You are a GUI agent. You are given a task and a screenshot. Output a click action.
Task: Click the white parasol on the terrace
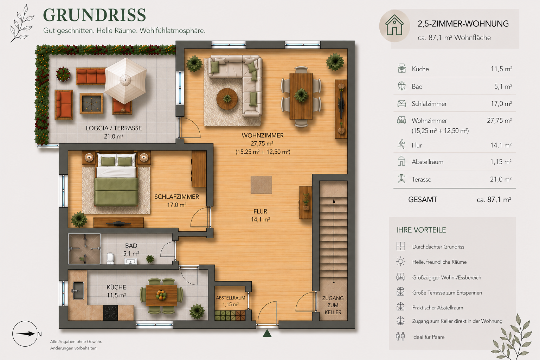tap(126, 80)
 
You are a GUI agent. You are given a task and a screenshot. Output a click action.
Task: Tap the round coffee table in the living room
tap(227, 99)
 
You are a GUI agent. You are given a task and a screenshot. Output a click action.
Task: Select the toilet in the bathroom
tap(110, 258)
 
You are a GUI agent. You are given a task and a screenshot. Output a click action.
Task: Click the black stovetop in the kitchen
tap(111, 313)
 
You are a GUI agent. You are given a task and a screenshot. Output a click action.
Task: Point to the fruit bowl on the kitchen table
tap(161, 295)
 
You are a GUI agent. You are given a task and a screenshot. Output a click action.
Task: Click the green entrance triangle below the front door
tap(267, 333)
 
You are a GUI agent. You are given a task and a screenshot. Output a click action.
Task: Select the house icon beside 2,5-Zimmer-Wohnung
tap(394, 25)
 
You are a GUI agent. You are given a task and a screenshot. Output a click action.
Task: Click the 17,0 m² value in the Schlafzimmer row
tap(501, 104)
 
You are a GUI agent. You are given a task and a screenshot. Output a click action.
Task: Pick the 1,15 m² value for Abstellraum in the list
tap(501, 162)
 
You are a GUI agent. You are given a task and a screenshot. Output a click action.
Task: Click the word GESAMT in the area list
tap(423, 200)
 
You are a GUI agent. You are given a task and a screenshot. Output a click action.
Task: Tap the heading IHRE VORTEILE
tap(421, 230)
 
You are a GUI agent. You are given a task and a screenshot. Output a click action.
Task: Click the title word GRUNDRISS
tap(95, 15)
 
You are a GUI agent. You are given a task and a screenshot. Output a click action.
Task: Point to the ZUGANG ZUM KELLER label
tap(333, 305)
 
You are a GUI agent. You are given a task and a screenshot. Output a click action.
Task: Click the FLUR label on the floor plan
tap(261, 212)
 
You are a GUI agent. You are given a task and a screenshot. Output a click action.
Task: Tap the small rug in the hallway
tap(261, 185)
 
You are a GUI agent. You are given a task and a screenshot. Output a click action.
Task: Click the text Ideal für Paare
tap(429, 337)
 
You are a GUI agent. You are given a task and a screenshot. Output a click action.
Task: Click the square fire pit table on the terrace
tap(91, 103)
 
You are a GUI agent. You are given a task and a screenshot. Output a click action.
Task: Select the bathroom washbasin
tap(130, 261)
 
